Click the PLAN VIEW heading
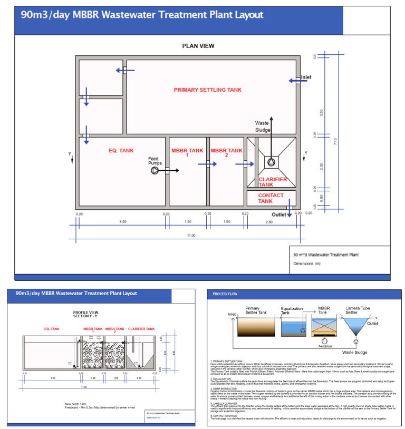[198, 46]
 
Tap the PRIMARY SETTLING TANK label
[208, 90]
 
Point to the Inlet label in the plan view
[306, 77]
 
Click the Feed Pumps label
[153, 161]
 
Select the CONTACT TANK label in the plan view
[270, 198]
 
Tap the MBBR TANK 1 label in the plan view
[187, 153]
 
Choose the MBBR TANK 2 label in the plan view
[226, 153]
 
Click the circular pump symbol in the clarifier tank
[272, 163]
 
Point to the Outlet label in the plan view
[278, 215]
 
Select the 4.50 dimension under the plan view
[123, 222]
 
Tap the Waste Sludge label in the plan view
[263, 126]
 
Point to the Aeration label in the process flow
[325, 346]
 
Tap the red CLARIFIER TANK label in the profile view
[141, 329]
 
